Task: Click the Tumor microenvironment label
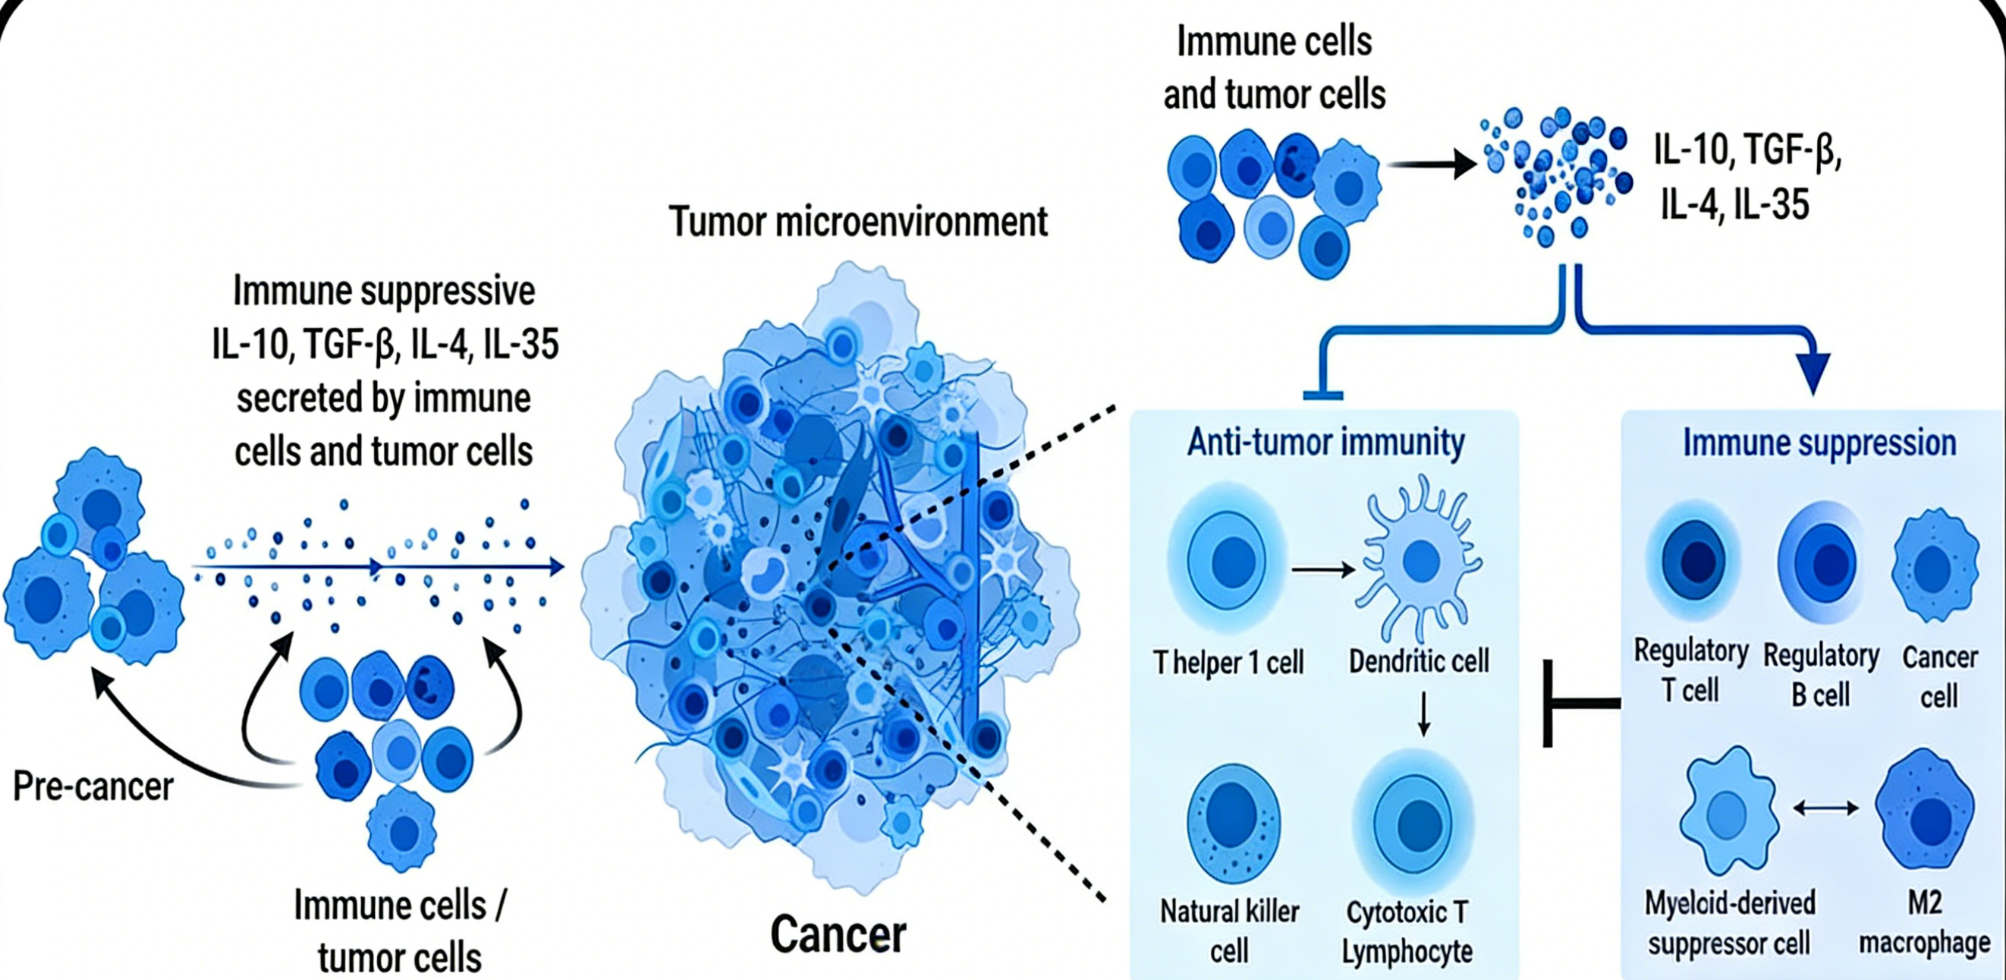pos(858,222)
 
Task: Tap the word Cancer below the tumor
pos(838,934)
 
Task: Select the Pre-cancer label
pos(93,786)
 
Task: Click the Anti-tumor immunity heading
pos(1325,443)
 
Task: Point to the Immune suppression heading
pos(1819,443)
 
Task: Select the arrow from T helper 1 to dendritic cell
pos(1323,570)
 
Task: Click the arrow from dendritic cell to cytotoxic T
pos(1423,714)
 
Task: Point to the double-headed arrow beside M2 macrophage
pos(1825,808)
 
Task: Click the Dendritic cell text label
pos(1419,661)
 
